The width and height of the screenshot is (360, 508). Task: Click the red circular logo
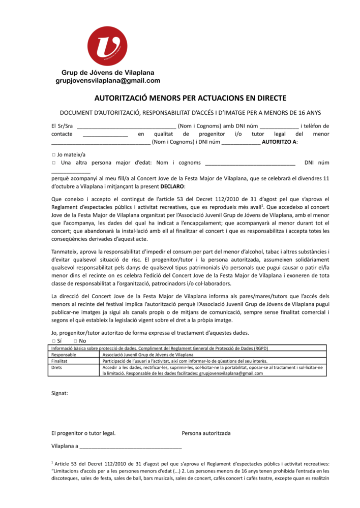coord(107,46)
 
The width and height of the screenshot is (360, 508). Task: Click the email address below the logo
coord(108,81)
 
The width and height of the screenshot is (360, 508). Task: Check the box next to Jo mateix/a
coord(53,154)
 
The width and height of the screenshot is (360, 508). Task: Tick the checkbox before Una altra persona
coord(53,163)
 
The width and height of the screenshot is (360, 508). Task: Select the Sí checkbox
coord(53,341)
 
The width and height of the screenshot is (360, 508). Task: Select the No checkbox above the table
coord(75,341)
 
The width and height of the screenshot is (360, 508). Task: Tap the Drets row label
coord(57,367)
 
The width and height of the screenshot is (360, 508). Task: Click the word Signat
coord(59,393)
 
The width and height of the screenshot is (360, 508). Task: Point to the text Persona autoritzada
coord(206,433)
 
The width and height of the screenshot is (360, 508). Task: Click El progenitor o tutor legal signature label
coord(83,433)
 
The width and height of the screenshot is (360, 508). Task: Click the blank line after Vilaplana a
coord(131,447)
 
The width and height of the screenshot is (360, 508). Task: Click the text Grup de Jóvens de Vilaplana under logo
coord(108,73)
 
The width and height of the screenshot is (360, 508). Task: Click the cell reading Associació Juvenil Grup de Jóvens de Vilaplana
coord(147,355)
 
